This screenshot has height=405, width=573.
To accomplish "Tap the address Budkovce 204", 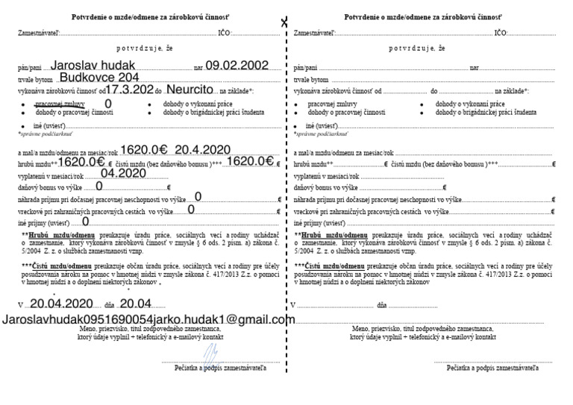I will click(98, 77).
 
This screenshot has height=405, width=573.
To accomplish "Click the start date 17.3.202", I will click(123, 89).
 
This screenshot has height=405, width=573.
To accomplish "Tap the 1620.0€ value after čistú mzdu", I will click(252, 160).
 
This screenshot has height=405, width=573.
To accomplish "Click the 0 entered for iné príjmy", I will click(86, 222).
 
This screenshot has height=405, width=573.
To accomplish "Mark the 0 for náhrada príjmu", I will click(198, 197).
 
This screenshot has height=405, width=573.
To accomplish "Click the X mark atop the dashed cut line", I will click(284, 23).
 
